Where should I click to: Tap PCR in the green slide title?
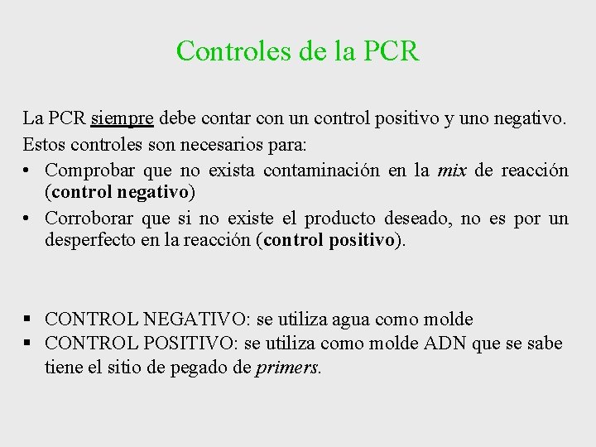[x=391, y=50]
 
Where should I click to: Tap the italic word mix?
[x=451, y=170]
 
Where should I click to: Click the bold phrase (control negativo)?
[x=121, y=193]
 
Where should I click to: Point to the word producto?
[x=339, y=218]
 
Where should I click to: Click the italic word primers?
[x=287, y=367]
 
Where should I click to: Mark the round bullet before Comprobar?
[x=29, y=171]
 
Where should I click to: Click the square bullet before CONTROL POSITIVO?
[x=29, y=343]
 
